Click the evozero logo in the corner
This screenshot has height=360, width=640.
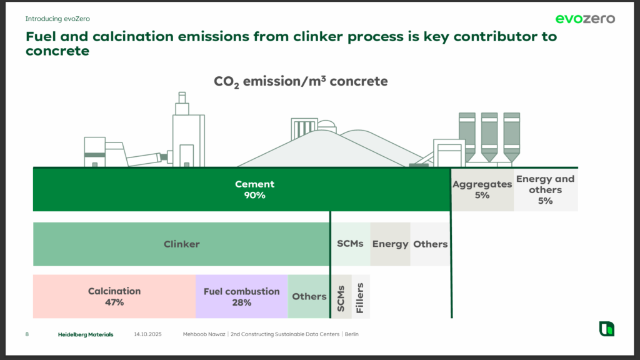585,19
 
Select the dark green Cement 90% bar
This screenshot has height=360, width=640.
242,189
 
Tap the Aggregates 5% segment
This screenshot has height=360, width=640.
482,189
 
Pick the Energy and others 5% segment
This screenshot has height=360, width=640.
545,189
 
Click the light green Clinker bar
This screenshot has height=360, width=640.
182,244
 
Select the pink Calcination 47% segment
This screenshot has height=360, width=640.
114,296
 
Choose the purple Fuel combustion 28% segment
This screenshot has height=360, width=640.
242,296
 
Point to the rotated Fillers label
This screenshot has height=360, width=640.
359,298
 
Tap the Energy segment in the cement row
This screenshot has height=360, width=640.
390,244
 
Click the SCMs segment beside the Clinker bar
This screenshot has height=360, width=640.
351,244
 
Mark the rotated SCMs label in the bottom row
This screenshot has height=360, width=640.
341,299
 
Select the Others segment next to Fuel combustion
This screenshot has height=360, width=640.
309,296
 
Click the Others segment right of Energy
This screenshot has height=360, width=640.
430,244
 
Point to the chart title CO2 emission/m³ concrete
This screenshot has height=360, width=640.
301,82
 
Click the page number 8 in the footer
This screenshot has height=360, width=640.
27,334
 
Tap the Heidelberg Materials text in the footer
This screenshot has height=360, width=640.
86,334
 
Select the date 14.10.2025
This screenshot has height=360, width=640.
147,334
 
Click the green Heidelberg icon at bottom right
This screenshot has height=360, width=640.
606,329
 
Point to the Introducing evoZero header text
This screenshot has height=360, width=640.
57,19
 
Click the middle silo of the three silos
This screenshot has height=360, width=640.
489,137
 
